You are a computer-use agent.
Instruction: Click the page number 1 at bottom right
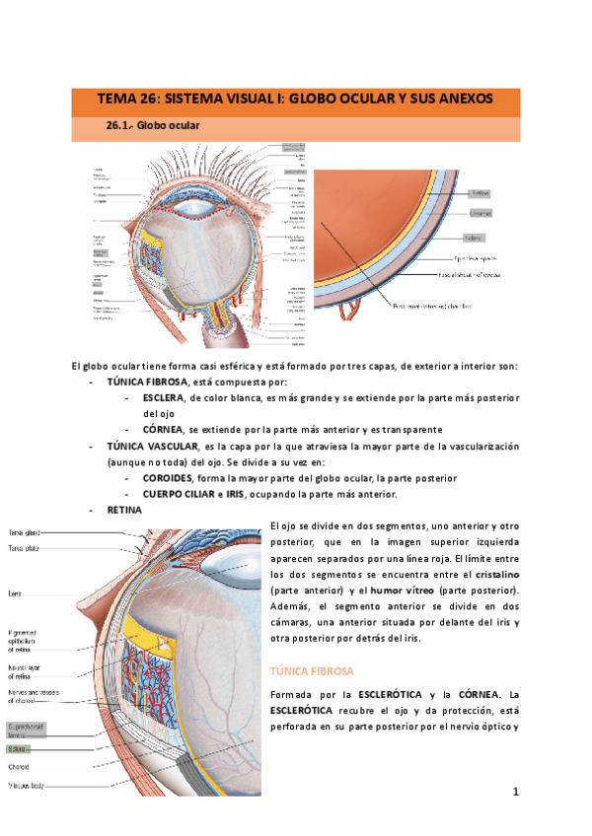pos(514,792)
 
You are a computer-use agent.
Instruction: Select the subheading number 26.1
pos(118,126)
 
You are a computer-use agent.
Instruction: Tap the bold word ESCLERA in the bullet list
pos(164,397)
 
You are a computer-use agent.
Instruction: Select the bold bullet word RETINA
pos(124,510)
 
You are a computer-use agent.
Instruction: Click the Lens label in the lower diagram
pos(16,593)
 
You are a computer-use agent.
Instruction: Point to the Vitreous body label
pos(31,786)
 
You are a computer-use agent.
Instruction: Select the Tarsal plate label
pos(25,547)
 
